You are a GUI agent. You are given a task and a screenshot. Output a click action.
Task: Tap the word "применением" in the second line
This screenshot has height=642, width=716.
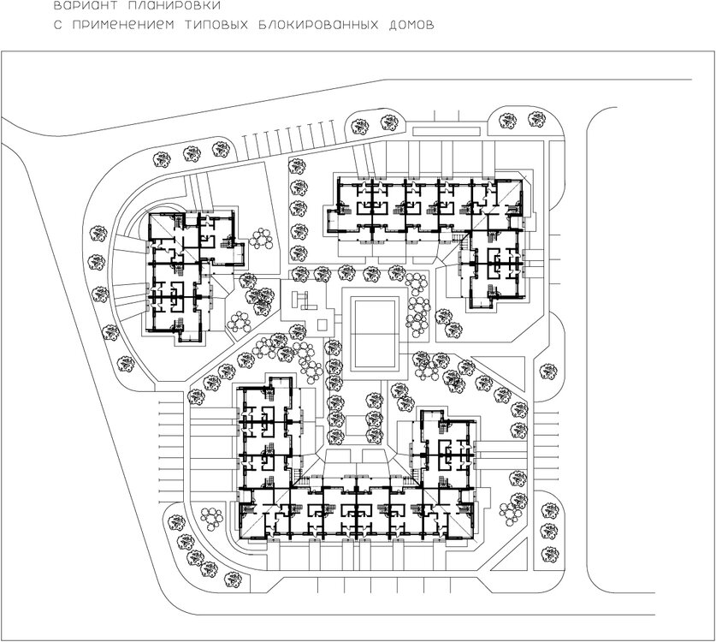(123, 25)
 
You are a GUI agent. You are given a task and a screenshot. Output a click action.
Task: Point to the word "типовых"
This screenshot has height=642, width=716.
(216, 25)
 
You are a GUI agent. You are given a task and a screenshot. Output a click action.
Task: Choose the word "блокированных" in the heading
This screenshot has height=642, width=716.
(318, 25)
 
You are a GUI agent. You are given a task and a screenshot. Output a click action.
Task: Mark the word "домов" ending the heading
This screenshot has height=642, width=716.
(411, 25)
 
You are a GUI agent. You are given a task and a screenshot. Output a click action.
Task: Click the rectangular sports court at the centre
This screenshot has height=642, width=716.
(375, 334)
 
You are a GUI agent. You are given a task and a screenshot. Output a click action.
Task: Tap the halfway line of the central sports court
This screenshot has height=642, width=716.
(375, 334)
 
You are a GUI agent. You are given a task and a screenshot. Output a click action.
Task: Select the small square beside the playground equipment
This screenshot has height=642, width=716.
(322, 325)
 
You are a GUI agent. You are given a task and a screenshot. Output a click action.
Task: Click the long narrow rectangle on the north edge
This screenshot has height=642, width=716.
(447, 131)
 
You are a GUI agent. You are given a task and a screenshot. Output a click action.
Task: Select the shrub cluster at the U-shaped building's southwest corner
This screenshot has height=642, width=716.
(212, 518)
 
